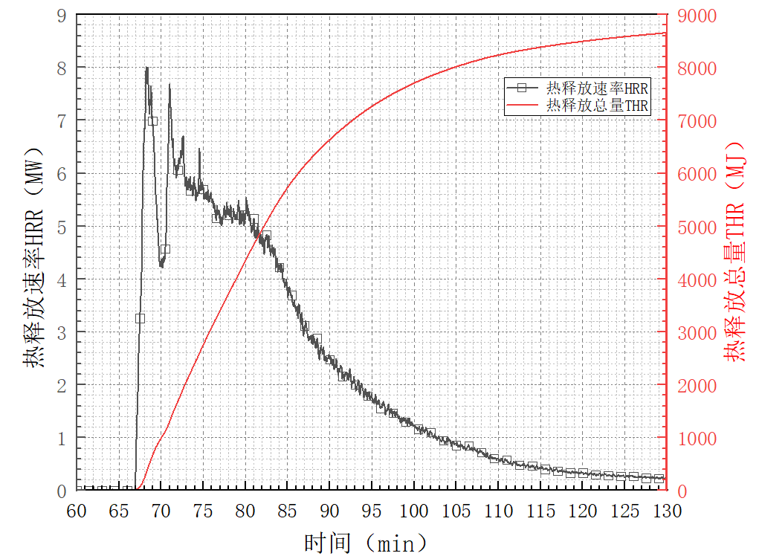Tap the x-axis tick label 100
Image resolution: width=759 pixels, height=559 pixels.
(414, 511)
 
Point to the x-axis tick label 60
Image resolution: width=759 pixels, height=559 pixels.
(77, 511)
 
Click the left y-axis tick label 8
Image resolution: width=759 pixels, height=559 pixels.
(62, 68)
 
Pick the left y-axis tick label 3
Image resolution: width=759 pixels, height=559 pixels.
(62, 332)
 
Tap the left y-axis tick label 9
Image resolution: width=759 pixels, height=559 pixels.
(62, 15)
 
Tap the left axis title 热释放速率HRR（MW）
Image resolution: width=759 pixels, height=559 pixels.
(33, 253)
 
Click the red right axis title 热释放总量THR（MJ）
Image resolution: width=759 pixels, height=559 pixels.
(735, 253)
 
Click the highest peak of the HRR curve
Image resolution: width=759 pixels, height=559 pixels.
(146, 68)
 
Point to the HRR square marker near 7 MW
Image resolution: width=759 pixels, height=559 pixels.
(152, 120)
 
